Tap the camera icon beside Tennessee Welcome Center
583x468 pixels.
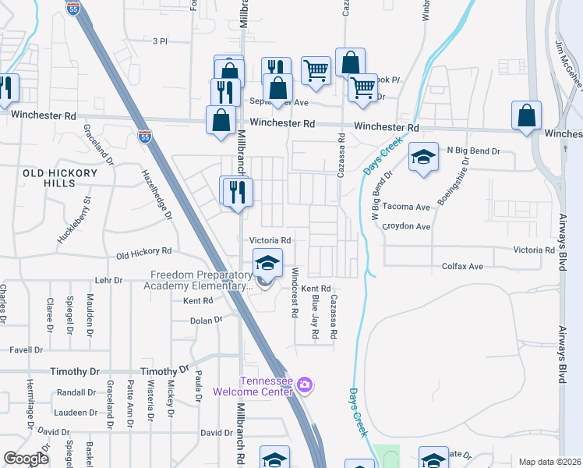pyautogui.click(x=305, y=385)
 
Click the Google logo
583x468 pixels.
pyautogui.click(x=26, y=459)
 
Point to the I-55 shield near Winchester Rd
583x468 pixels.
pyautogui.click(x=145, y=136)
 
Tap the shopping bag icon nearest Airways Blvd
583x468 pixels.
pyautogui.click(x=527, y=115)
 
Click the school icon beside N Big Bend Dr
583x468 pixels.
pyautogui.click(x=424, y=158)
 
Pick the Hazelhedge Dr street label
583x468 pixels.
pyautogui.click(x=154, y=195)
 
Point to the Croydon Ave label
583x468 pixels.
pyautogui.click(x=412, y=227)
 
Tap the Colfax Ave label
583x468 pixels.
pyautogui.click(x=463, y=267)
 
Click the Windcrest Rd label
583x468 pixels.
pyautogui.click(x=295, y=292)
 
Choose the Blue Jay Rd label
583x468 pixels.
pyautogui.click(x=314, y=316)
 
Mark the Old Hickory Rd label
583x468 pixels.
pyautogui.click(x=143, y=253)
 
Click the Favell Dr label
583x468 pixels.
pyautogui.click(x=26, y=350)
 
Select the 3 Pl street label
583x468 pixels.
pyautogui.click(x=161, y=41)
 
